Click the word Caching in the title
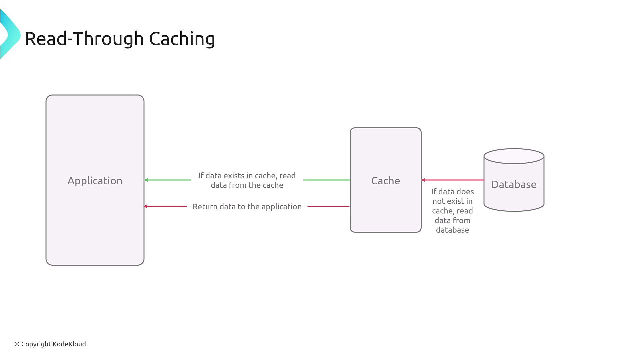[182, 39]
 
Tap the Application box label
[95, 181]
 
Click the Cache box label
[385, 181]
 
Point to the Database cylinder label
[514, 184]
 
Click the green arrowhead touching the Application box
[146, 180]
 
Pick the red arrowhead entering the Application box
[146, 206]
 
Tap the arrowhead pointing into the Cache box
[423, 180]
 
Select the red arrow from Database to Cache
[453, 180]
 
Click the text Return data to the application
[247, 207]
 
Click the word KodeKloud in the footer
[69, 344]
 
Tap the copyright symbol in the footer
[17, 344]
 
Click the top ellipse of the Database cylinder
[514, 156]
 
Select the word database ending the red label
[452, 230]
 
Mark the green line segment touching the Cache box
[327, 180]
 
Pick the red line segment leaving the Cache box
[328, 206]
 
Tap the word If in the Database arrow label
[434, 192]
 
